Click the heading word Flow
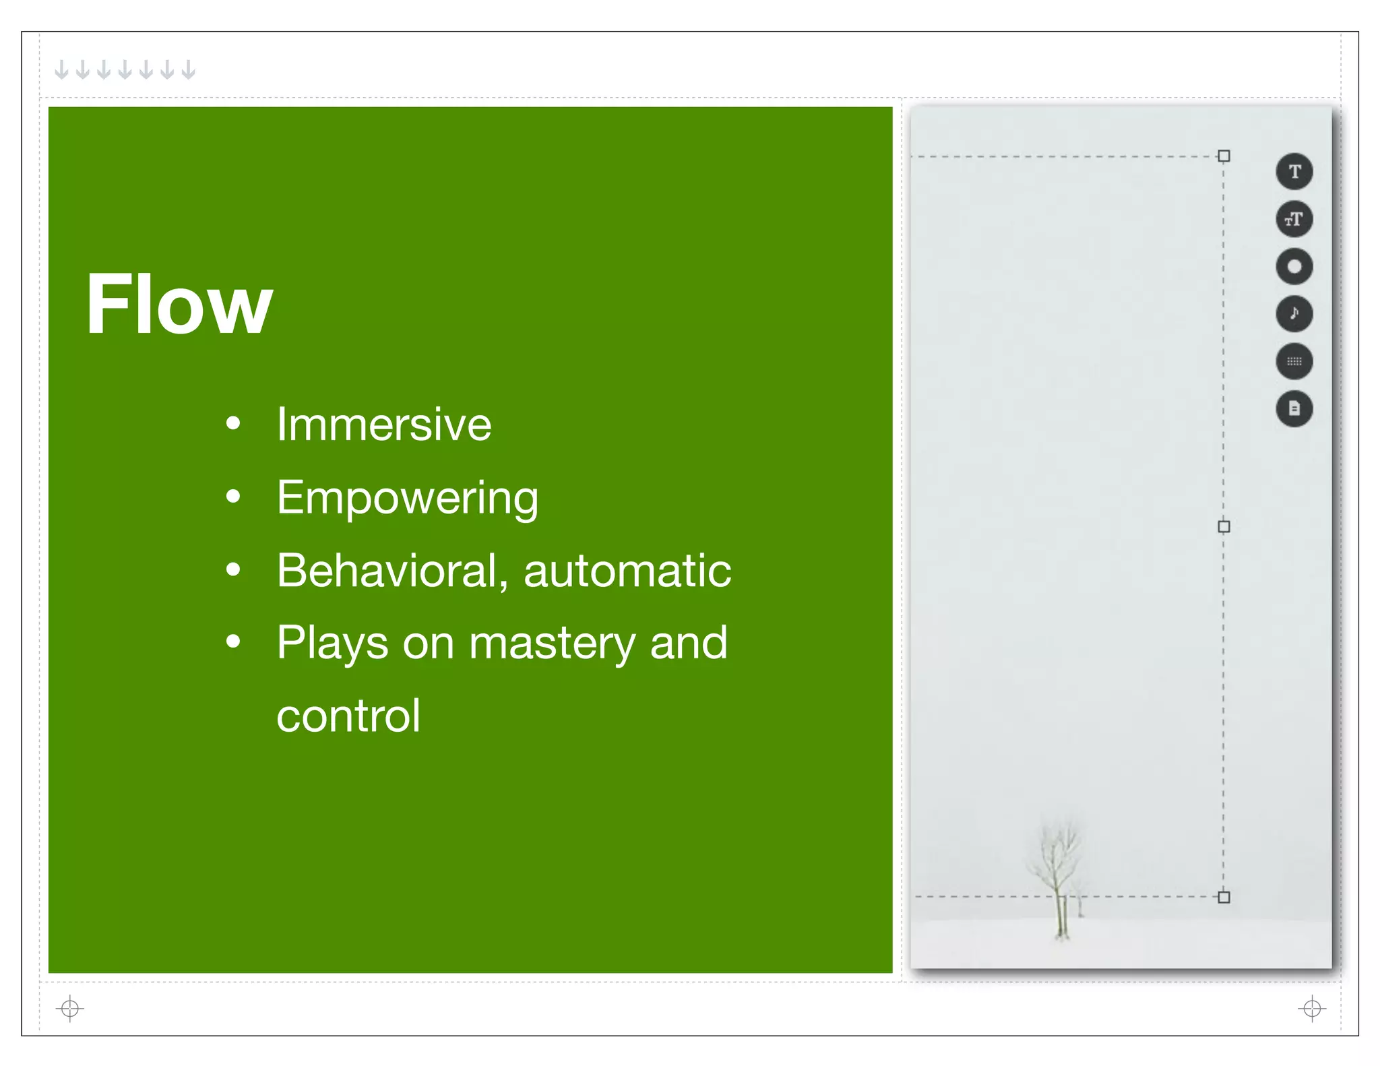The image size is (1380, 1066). point(179,304)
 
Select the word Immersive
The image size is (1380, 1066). point(384,425)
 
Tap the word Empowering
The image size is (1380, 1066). point(407,498)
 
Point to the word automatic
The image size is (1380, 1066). point(627,571)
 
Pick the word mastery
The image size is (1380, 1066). point(552,643)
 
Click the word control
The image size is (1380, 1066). point(348,716)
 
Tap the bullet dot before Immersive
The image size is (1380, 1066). point(233,425)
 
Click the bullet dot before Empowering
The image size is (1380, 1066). point(233,497)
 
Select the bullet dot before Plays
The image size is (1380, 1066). point(233,641)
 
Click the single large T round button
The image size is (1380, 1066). point(1294,171)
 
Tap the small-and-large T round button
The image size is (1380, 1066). point(1294,219)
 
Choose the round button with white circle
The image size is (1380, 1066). point(1294,266)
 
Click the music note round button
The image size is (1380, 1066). point(1294,313)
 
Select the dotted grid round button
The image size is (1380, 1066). point(1294,361)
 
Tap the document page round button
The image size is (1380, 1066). point(1294,408)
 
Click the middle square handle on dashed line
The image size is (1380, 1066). point(1224,526)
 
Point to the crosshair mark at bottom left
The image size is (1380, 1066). point(69,1008)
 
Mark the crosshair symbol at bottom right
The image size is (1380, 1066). point(1311,1008)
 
